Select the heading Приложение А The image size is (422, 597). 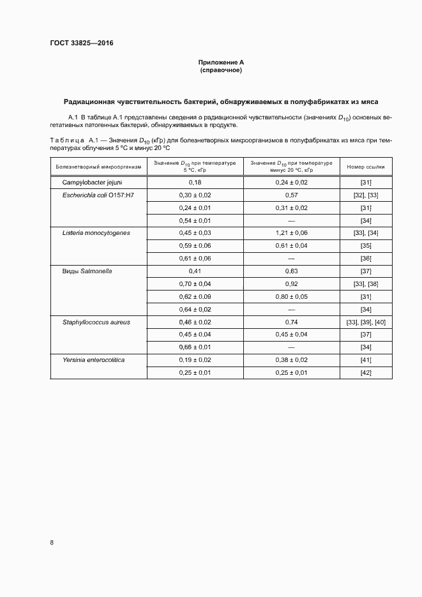click(x=222, y=62)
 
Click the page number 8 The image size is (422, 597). click(x=52, y=543)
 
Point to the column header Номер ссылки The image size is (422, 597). click(x=366, y=166)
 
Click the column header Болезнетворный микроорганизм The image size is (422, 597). click(x=98, y=166)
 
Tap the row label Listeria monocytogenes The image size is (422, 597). click(x=96, y=233)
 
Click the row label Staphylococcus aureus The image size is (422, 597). click(x=96, y=322)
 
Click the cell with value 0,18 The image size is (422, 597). click(x=195, y=183)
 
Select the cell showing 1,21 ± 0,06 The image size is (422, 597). click(x=292, y=233)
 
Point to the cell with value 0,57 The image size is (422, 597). click(x=292, y=195)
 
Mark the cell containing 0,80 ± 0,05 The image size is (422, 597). click(x=292, y=297)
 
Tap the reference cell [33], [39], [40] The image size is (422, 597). click(x=366, y=322)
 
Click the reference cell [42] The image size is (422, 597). click(x=366, y=372)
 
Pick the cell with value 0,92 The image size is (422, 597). click(x=292, y=284)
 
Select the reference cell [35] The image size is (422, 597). click(x=366, y=246)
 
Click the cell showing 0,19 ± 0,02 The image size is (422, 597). click(x=195, y=360)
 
